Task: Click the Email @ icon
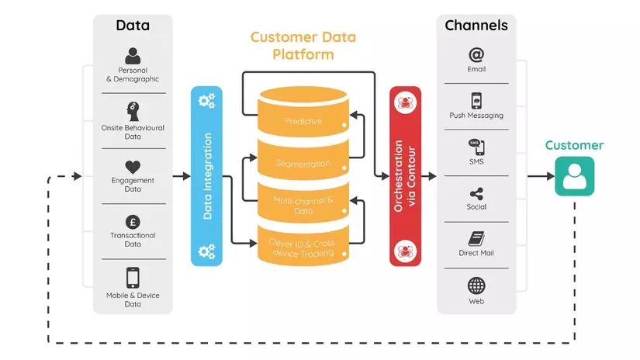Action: [476, 55]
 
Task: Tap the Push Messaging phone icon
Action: [476, 101]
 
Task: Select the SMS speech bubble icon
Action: [476, 147]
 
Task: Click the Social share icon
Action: [476, 193]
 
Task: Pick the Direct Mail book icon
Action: [476, 239]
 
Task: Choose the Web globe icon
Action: [476, 285]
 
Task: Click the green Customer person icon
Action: [574, 176]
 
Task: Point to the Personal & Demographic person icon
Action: [133, 56]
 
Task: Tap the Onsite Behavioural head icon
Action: [133, 111]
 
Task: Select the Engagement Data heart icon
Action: [133, 166]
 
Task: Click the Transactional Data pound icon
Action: [133, 221]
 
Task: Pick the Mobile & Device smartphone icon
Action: [133, 277]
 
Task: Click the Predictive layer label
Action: [303, 122]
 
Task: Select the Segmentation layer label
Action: [303, 164]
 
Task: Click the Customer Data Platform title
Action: [303, 46]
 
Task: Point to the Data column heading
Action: [133, 25]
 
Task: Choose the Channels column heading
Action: [476, 25]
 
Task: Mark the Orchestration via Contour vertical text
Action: [405, 177]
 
